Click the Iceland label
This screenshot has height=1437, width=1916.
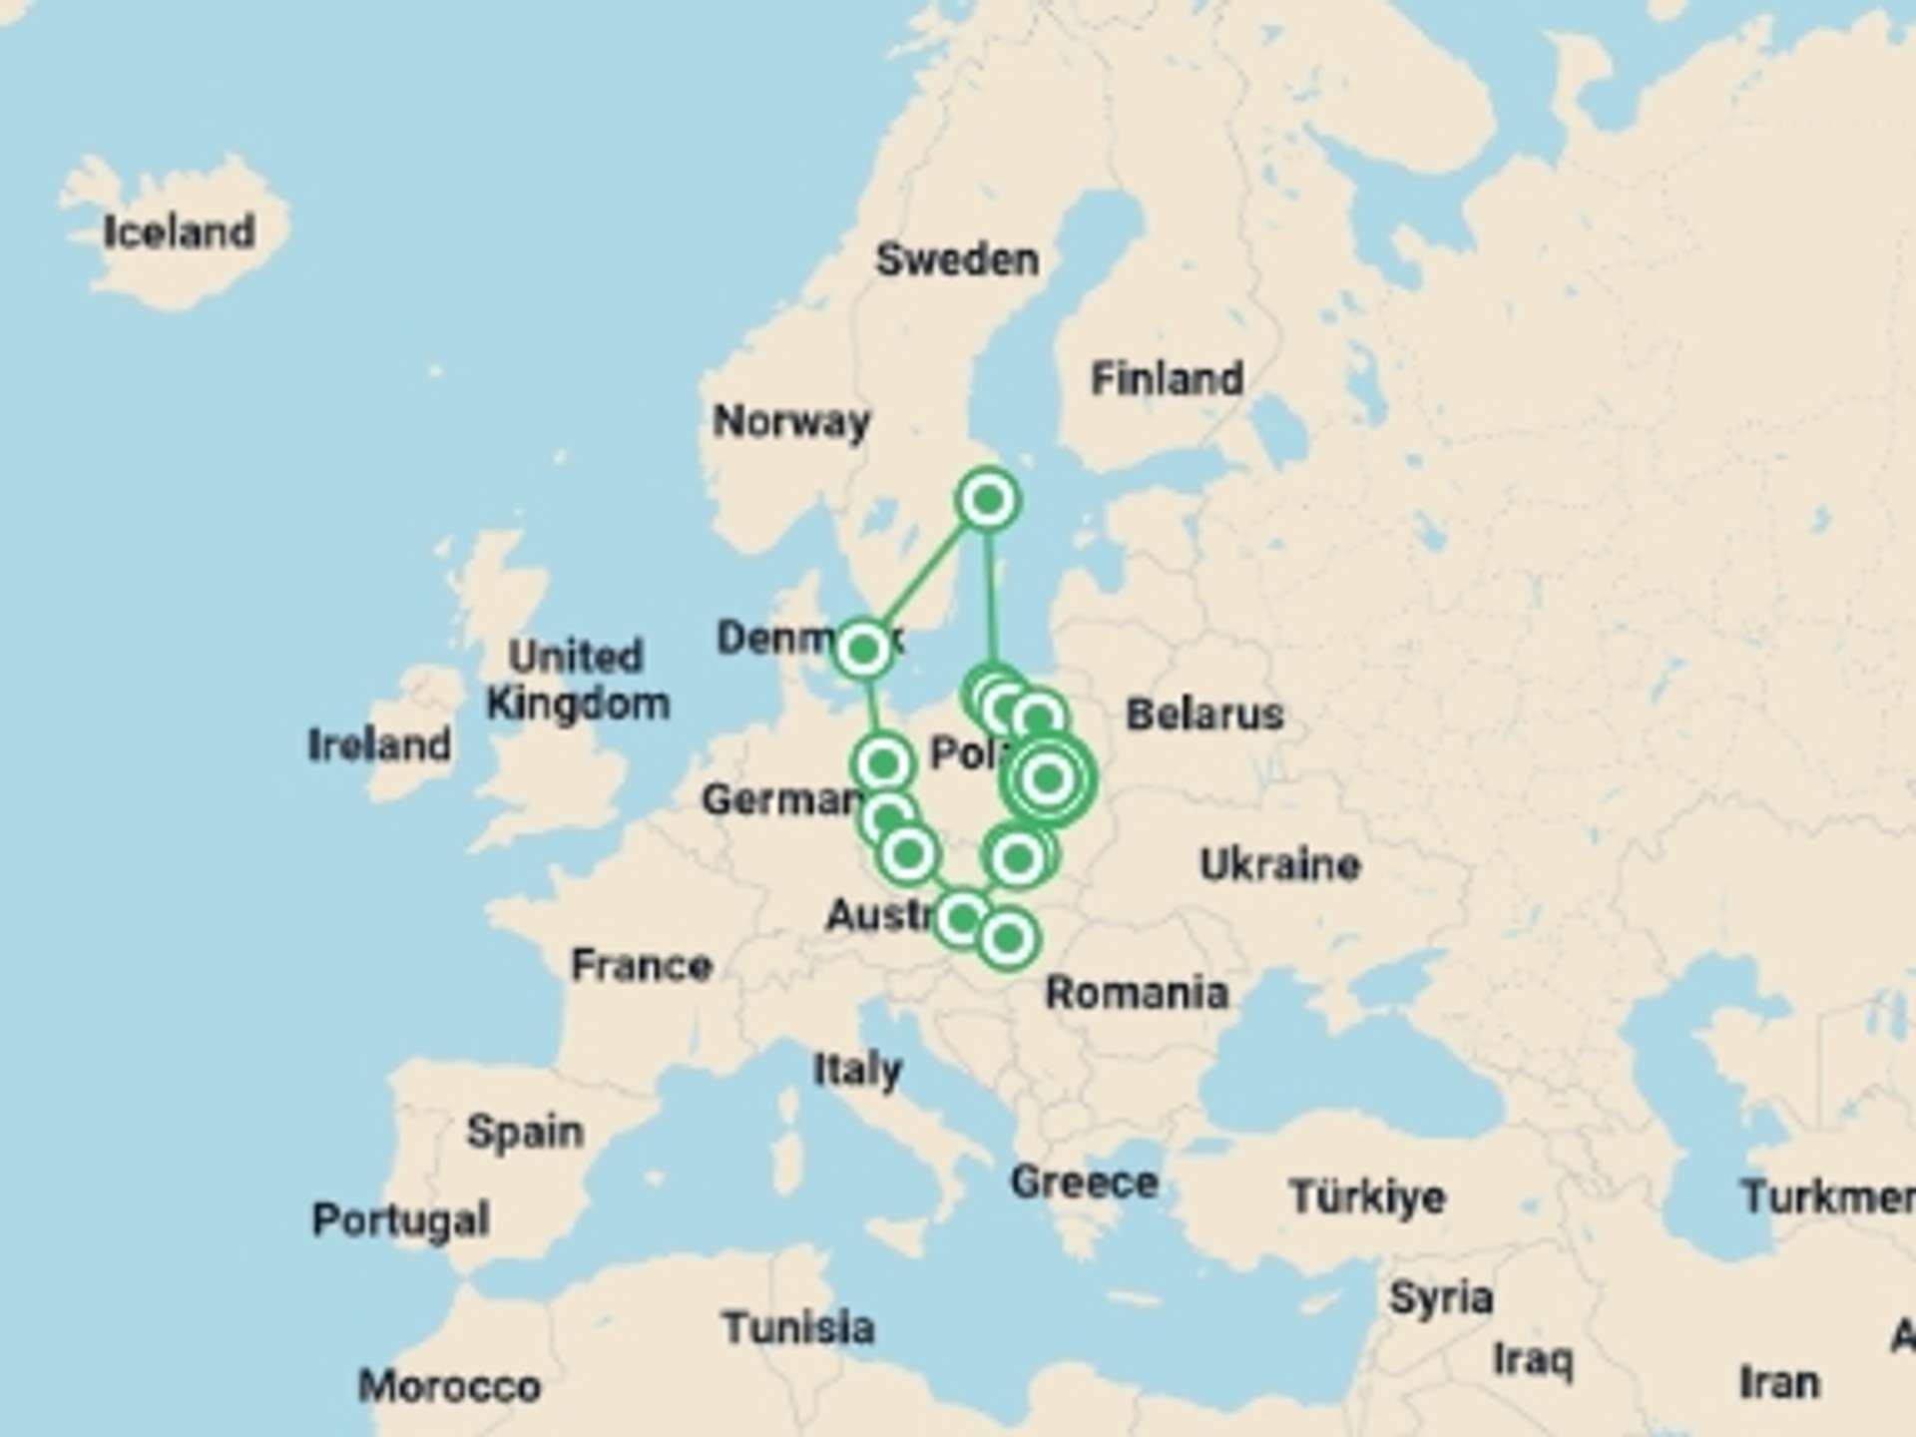(x=180, y=233)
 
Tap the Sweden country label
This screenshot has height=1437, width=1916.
(x=957, y=259)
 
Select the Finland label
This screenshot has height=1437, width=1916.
(x=1167, y=379)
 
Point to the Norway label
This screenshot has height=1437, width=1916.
(x=790, y=421)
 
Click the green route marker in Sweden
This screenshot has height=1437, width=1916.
(x=988, y=499)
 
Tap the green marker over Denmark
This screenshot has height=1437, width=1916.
(x=863, y=650)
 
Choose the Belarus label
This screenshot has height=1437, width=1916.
(x=1204, y=715)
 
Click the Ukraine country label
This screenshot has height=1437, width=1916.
(x=1279, y=864)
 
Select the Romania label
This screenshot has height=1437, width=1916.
(x=1137, y=993)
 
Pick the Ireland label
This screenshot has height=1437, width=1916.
(x=379, y=744)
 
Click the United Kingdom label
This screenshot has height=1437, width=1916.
(x=577, y=680)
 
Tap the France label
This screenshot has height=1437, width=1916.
(x=641, y=965)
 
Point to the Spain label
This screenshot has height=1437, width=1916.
(x=525, y=1132)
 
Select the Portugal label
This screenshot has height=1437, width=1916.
(x=400, y=1219)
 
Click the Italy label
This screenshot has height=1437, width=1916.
(x=857, y=1070)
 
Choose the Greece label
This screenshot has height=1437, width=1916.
(x=1084, y=1183)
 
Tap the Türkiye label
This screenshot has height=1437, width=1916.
(x=1366, y=1197)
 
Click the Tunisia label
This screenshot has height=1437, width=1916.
(x=798, y=1328)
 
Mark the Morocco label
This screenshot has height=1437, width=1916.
(x=449, y=1386)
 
